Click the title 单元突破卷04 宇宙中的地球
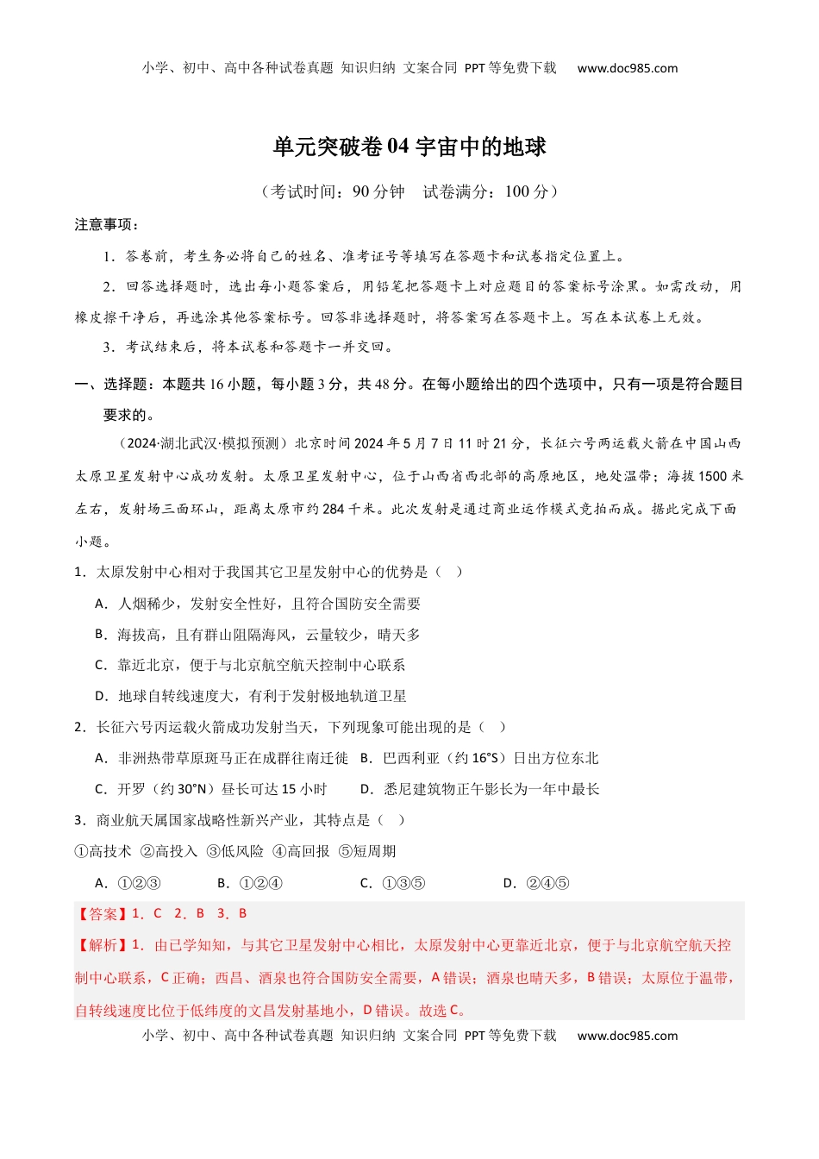(x=409, y=147)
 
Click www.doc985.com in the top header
(x=627, y=68)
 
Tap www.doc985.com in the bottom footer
(x=627, y=1036)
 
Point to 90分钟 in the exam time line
(x=378, y=191)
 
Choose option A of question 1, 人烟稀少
(x=258, y=604)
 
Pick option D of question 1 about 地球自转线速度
(x=251, y=696)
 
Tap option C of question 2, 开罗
(x=211, y=789)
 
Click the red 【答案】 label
(x=103, y=913)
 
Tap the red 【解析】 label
(x=103, y=945)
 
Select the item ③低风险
(x=235, y=851)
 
